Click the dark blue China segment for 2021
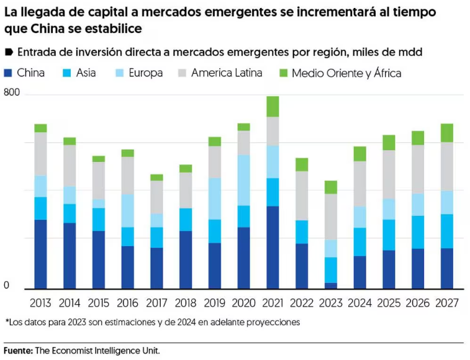(x=273, y=247)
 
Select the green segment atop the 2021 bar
(x=273, y=106)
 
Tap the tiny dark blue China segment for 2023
(x=330, y=286)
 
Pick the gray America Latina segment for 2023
(x=330, y=217)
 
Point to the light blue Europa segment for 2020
(x=243, y=180)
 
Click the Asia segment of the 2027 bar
(x=446, y=231)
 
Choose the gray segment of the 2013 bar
(x=41, y=154)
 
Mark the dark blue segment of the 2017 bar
(x=156, y=268)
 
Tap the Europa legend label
(x=145, y=73)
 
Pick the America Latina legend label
(x=227, y=73)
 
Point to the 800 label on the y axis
(x=12, y=92)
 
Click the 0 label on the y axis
(x=7, y=285)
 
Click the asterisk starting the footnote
(x=7, y=322)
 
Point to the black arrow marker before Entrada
(x=9, y=52)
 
